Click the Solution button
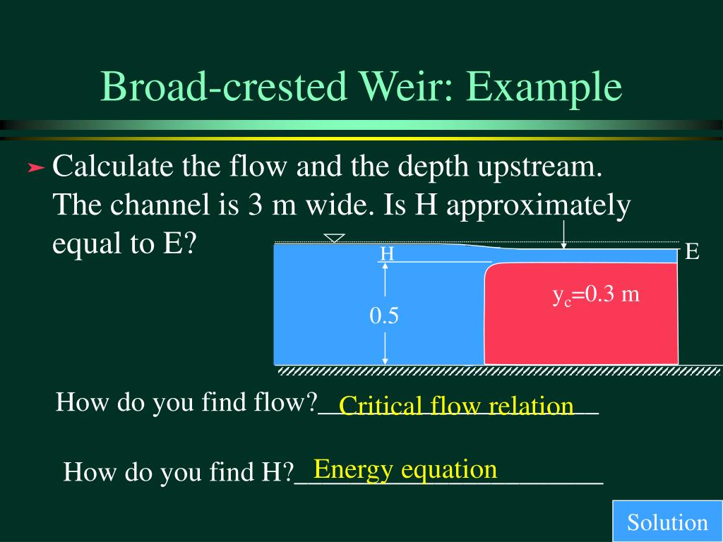point(667,522)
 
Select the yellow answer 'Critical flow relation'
point(456,406)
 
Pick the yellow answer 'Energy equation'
point(405,469)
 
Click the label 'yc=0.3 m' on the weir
point(596,295)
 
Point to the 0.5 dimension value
point(384,316)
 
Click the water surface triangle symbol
point(334,239)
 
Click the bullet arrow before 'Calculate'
point(36,169)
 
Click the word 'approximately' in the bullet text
point(537,207)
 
